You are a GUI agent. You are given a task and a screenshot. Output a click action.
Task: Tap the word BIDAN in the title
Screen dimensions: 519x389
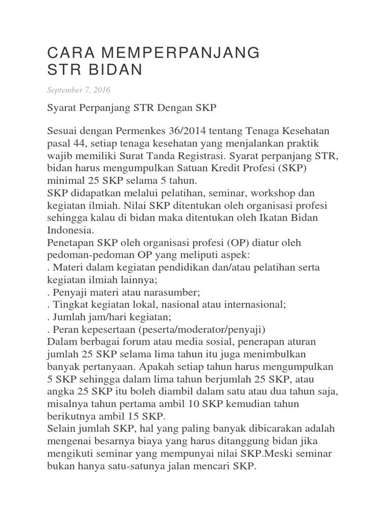coord(112,70)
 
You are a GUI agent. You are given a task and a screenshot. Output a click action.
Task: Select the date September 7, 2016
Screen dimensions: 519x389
coord(79,90)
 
